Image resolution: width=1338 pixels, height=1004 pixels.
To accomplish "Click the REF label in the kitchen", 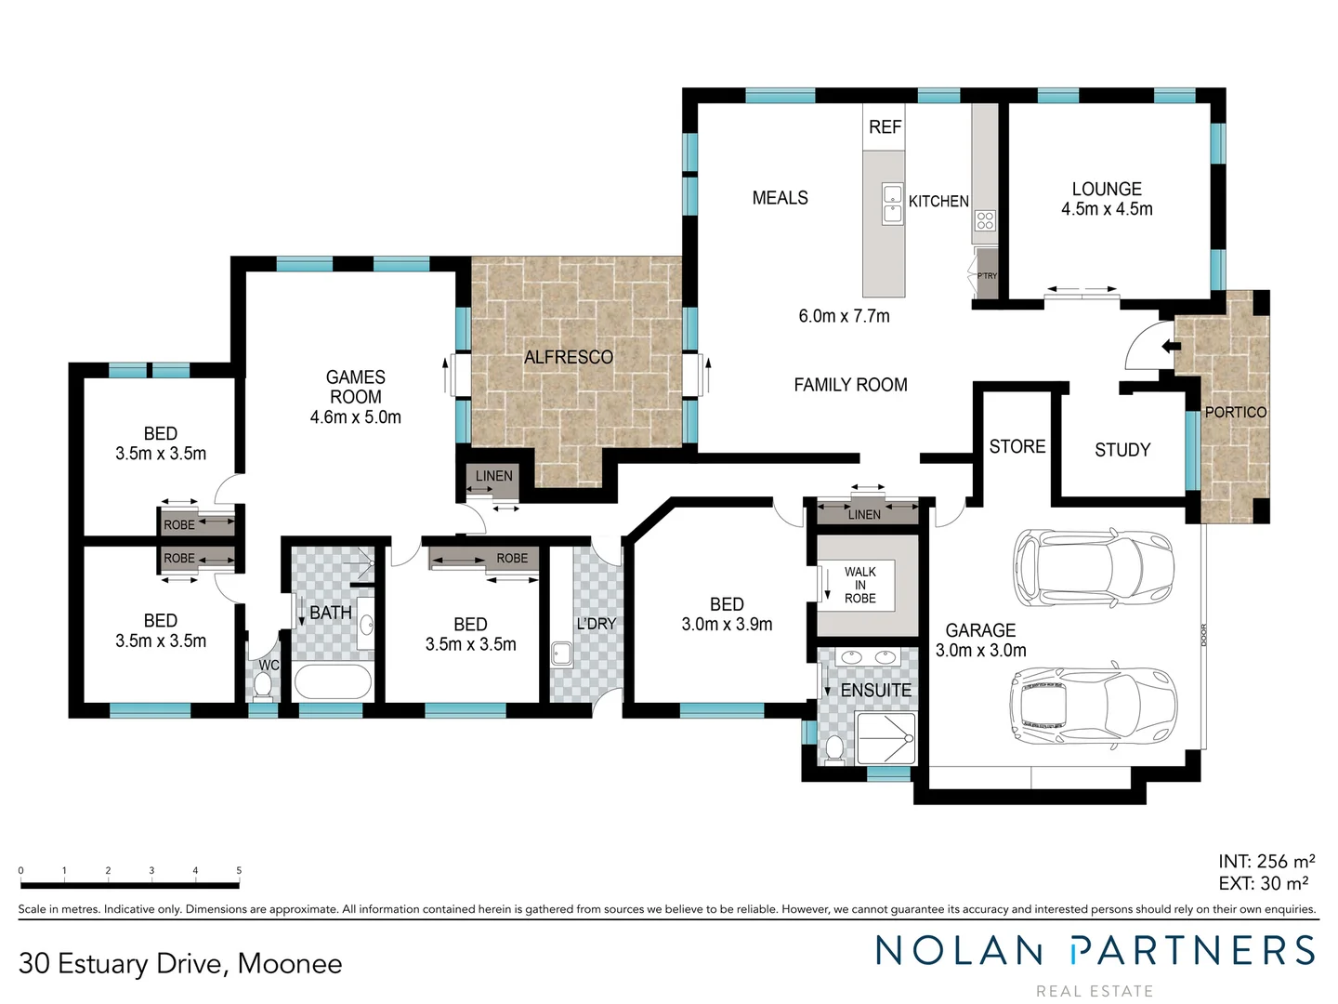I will [885, 127].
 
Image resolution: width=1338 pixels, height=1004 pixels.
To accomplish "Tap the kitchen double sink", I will [892, 205].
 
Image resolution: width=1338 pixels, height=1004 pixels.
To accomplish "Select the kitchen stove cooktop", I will [985, 220].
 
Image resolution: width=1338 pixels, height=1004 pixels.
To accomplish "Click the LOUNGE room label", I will [1107, 189].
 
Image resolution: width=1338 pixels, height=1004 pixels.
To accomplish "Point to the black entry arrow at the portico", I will [1170, 347].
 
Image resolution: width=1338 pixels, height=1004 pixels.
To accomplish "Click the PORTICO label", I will [1235, 412].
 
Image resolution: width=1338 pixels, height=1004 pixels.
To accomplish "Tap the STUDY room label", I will [1122, 450].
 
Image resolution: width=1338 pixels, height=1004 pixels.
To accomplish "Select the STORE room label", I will [1017, 446].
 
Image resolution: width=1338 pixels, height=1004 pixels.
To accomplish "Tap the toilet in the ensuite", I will [834, 748].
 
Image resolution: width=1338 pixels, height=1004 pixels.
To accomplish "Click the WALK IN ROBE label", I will [860, 585].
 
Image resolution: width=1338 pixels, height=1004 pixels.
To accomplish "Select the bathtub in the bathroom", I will [334, 681].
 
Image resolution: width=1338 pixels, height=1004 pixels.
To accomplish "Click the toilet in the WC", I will [263, 686].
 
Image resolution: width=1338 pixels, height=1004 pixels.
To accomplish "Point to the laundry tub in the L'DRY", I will [561, 654].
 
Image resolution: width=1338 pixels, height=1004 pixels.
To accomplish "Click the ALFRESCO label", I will [569, 357].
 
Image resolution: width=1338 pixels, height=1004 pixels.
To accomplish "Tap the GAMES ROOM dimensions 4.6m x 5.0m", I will [356, 417].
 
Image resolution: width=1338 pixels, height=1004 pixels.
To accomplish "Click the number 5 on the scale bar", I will [239, 871].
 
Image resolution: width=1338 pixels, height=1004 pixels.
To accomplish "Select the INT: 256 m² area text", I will [1266, 862].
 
